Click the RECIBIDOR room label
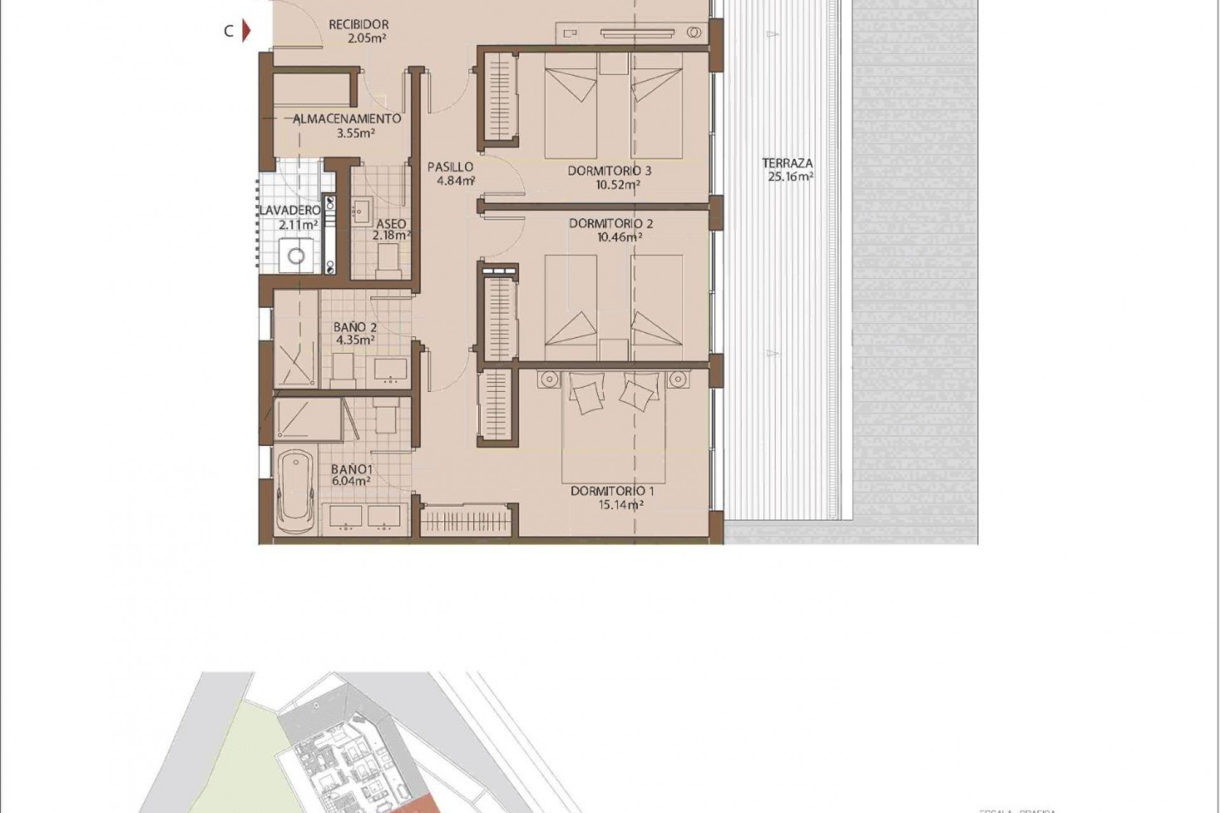[358, 25]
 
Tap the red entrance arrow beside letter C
[248, 31]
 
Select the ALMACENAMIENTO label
[347, 119]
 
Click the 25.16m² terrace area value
[791, 177]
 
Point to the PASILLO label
[450, 167]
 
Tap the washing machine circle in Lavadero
[296, 256]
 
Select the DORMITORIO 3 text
[609, 171]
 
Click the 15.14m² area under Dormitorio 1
[613, 506]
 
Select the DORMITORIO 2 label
[611, 224]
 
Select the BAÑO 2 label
[355, 327]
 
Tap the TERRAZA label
[787, 163]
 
